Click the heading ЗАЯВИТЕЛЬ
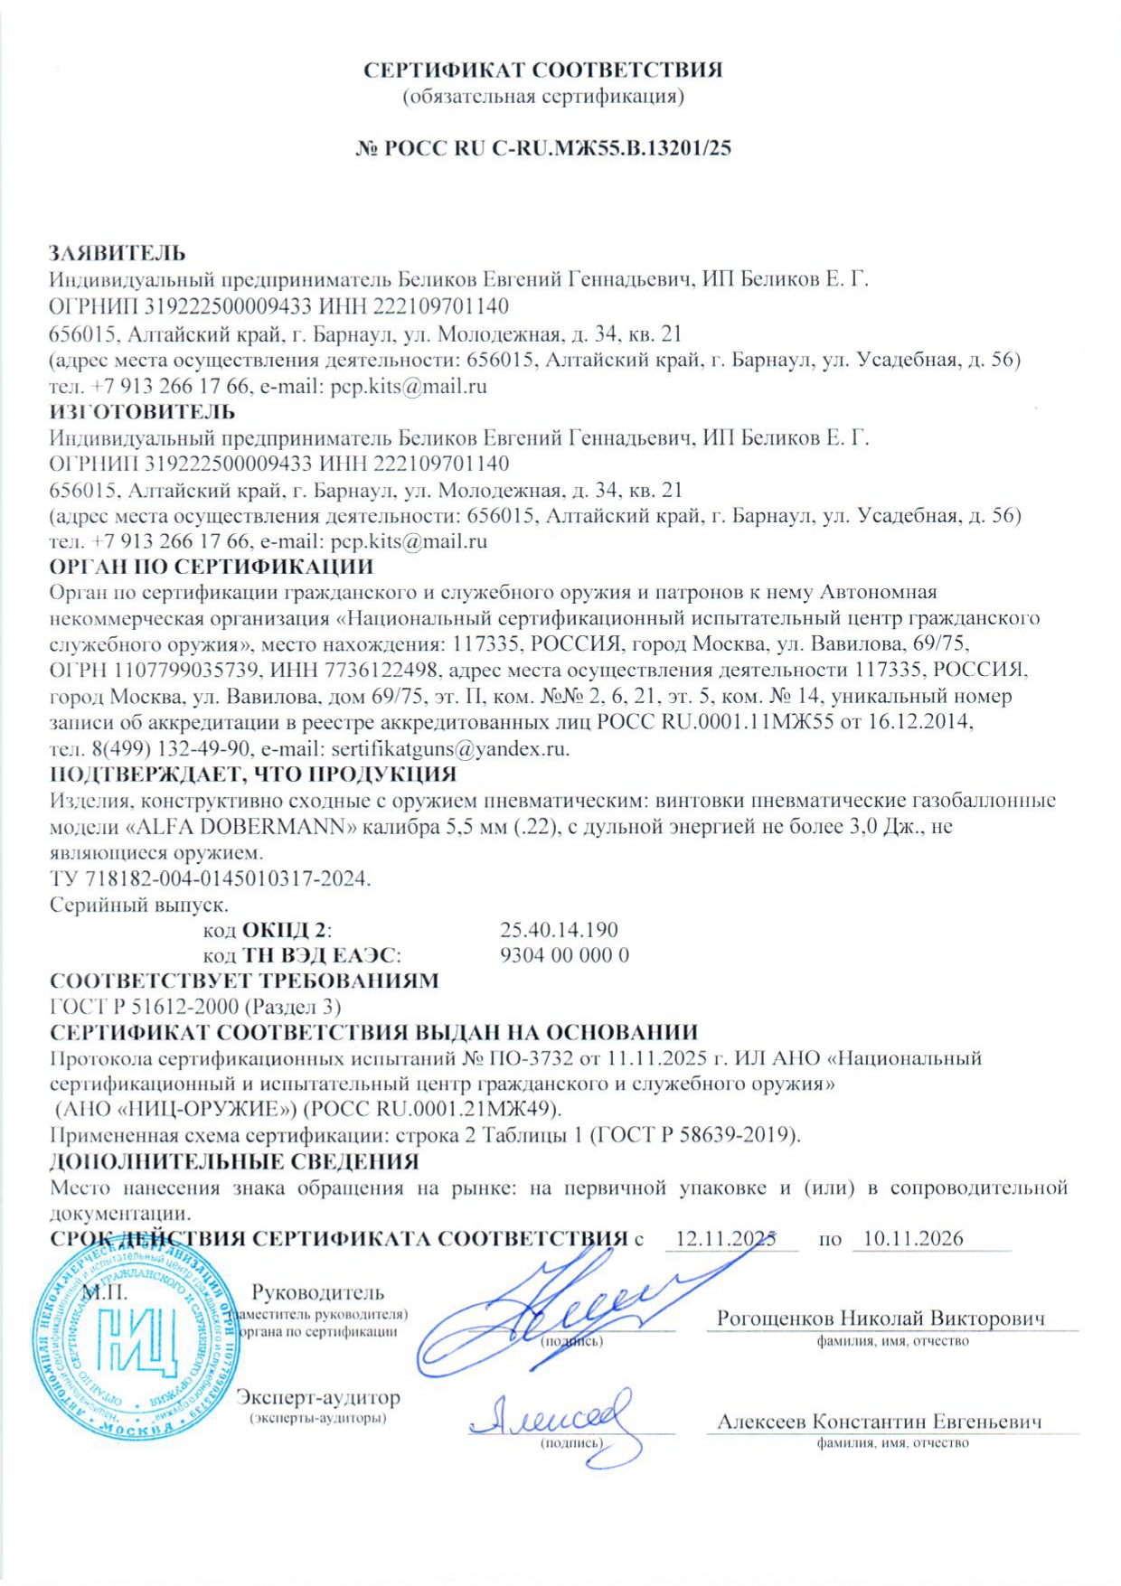click(117, 253)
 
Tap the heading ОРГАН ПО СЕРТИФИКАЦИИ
click(211, 568)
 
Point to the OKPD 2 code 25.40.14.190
click(559, 930)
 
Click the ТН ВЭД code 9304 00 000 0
click(564, 955)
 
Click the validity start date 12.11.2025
click(725, 1238)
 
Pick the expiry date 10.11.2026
click(913, 1238)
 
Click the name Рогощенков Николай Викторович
click(881, 1319)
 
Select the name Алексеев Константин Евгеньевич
click(879, 1422)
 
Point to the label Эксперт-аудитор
click(317, 1398)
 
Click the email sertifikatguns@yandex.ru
click(449, 749)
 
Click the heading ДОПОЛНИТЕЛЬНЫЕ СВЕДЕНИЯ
click(234, 1161)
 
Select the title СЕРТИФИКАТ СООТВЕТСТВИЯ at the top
click(542, 70)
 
